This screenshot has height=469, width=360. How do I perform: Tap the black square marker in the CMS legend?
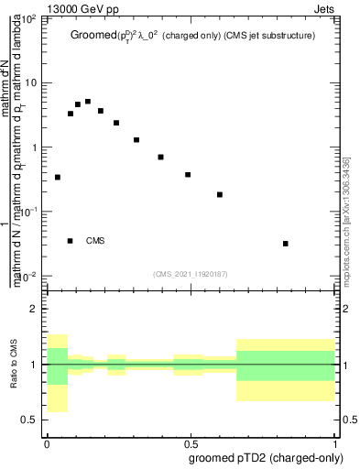(x=71, y=241)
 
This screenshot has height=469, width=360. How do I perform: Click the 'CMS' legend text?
(x=95, y=241)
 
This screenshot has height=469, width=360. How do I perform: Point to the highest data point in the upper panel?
(x=88, y=102)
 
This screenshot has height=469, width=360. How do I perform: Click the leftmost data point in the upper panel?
(x=58, y=177)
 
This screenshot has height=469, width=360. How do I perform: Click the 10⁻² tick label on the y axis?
(x=29, y=276)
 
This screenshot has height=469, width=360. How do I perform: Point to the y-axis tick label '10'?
(x=31, y=82)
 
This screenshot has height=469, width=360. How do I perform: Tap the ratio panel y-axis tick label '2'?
(x=36, y=309)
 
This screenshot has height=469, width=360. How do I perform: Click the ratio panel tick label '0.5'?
(x=30, y=420)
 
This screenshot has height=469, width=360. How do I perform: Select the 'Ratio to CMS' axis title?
(x=13, y=364)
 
